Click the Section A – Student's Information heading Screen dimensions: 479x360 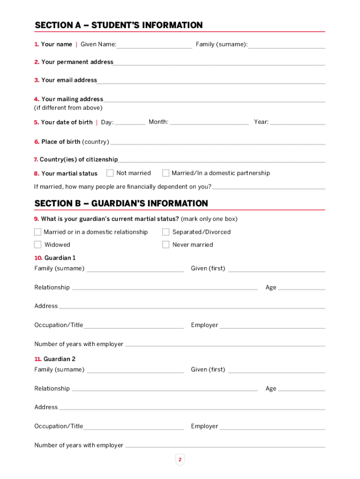pos(118,25)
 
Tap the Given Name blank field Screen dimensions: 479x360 pos(154,44)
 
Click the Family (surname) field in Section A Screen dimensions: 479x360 pos(287,44)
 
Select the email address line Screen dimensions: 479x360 pos(210,80)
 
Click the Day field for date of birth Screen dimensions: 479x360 pos(130,122)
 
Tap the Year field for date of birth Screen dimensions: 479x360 pos(297,122)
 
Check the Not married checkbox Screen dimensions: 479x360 pos(110,173)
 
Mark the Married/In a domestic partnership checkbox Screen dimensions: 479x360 pos(166,173)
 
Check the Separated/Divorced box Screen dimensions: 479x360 pos(166,232)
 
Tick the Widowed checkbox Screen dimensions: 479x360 pos(38,245)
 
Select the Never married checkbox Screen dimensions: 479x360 pos(166,245)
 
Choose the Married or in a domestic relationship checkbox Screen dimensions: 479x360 pos(38,232)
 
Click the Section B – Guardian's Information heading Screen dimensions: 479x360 pos(121,203)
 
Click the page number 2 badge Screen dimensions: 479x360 pos(180,460)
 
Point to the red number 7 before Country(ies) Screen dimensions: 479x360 pos(36,160)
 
